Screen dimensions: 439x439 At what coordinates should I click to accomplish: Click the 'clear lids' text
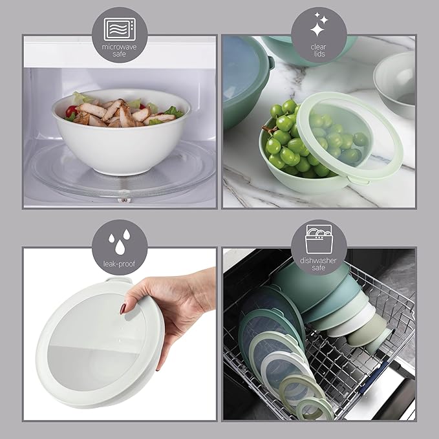318,50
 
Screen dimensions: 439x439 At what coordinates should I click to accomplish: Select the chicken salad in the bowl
120,111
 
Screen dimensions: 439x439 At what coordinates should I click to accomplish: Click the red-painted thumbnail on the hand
123,309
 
